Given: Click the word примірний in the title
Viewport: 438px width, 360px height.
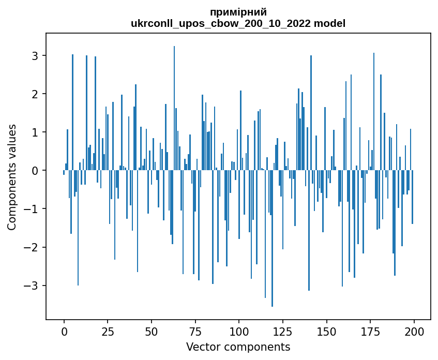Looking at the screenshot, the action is (238, 12).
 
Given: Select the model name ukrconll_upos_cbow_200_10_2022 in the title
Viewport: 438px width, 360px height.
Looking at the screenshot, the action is (221, 23).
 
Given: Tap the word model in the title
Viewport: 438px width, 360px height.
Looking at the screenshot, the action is (330, 23).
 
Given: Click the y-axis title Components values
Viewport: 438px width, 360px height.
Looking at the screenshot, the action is (12, 177).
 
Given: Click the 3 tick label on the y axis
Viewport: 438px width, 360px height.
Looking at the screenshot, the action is (35, 56).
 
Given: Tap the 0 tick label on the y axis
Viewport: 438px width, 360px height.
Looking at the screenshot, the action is (35, 171).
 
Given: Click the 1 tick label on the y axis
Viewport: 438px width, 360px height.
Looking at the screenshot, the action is (35, 132).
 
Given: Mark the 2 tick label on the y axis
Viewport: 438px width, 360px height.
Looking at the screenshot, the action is (35, 94).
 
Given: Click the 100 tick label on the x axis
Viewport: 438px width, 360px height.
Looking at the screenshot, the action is (239, 332).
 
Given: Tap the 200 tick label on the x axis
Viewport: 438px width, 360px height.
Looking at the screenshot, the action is (414, 332).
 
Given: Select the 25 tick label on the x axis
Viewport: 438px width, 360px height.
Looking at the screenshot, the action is (108, 332).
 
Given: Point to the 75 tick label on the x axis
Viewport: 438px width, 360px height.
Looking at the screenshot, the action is (195, 332).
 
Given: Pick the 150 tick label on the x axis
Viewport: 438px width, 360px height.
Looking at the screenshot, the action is (326, 332).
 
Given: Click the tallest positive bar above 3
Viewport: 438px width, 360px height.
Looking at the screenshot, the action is (174, 108).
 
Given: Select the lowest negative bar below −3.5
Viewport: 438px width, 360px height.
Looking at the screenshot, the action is (273, 238).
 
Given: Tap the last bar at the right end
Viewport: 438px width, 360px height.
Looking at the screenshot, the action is (412, 197).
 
